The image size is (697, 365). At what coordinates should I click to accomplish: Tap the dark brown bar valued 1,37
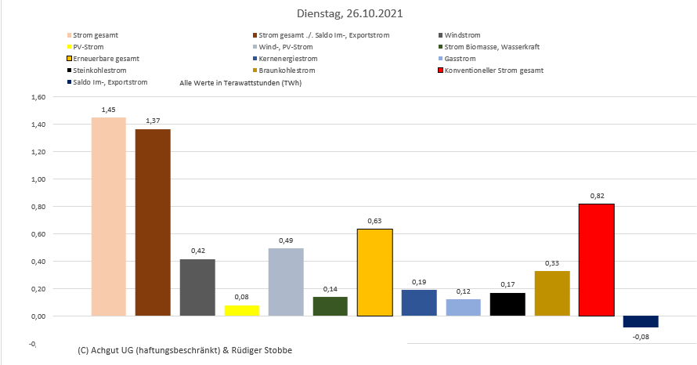[153, 222]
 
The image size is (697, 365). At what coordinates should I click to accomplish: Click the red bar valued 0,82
[596, 260]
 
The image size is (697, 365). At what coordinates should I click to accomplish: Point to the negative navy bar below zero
[641, 321]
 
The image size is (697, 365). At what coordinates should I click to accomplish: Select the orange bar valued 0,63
[374, 273]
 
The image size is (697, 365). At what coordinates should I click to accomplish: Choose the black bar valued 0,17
[507, 305]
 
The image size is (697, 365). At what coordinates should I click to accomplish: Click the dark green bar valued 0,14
[330, 306]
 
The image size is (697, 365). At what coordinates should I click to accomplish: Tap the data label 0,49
[285, 240]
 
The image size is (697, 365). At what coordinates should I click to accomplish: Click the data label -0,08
[641, 338]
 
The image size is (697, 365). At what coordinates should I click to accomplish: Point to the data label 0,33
[552, 262]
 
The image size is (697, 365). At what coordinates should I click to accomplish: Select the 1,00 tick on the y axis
[38, 179]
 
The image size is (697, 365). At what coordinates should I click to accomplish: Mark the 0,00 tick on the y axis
[38, 316]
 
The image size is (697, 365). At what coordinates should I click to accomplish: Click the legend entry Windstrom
[462, 35]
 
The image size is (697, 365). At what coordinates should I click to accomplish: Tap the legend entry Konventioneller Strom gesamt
[493, 70]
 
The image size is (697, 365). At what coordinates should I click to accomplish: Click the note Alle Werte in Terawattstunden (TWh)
[240, 82]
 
